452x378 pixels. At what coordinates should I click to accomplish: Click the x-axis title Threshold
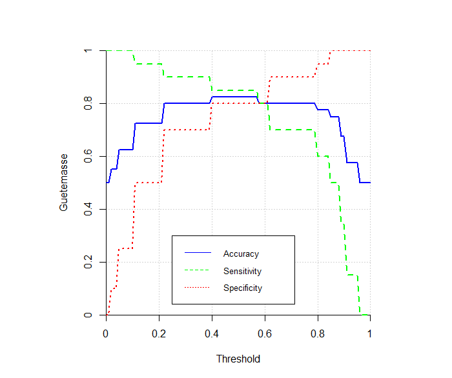click(238, 359)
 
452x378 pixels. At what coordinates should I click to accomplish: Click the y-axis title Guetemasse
click(64, 184)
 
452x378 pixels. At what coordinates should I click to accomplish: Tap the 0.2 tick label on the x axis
click(159, 333)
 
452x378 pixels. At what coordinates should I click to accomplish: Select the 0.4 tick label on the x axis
click(212, 333)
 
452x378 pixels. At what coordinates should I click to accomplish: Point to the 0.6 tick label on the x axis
click(265, 333)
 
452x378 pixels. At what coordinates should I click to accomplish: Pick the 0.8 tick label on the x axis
click(317, 333)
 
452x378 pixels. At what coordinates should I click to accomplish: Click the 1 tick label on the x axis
click(370, 333)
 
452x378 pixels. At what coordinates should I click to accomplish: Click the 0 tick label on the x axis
click(106, 333)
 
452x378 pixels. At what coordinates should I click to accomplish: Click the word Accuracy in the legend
click(241, 254)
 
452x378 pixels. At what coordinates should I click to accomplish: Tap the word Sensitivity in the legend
click(242, 272)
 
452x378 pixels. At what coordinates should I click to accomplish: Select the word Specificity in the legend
click(243, 288)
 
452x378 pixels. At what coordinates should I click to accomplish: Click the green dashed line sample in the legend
click(198, 271)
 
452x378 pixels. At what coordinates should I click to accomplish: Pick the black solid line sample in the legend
click(198, 254)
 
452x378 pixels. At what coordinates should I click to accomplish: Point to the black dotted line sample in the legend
click(198, 288)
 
